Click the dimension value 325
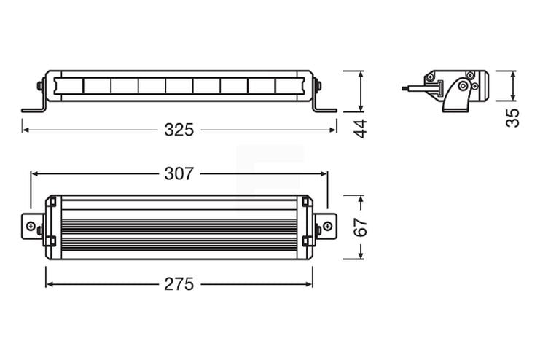(179, 130)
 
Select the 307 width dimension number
(179, 174)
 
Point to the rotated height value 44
(359, 128)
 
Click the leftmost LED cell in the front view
(69, 86)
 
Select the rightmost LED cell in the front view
(287, 86)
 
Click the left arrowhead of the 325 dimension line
(25, 130)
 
